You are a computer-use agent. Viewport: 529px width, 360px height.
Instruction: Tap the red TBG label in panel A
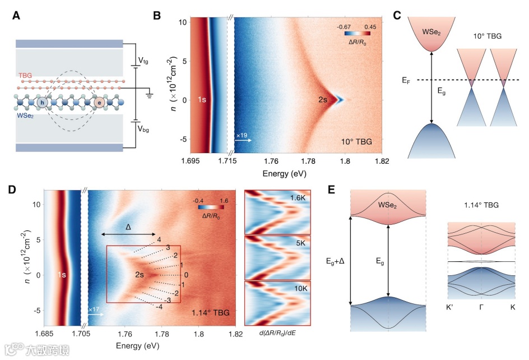(26, 75)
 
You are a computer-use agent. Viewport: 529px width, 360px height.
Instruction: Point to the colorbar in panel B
(358, 33)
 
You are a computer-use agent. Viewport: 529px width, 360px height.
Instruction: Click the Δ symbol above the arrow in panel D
(128, 227)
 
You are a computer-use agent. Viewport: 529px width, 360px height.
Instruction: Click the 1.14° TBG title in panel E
(481, 206)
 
